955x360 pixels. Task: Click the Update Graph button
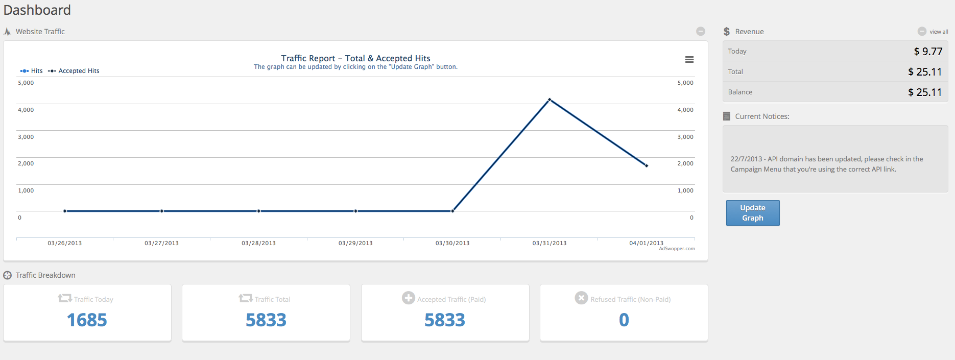[x=752, y=213]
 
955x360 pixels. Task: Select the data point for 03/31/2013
[x=550, y=100]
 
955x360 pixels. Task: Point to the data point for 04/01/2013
[x=647, y=165]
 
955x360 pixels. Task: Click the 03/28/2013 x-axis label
[x=258, y=243]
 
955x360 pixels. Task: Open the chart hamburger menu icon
[x=689, y=60]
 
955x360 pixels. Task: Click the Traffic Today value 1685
[x=87, y=320]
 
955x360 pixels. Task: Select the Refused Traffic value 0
[x=624, y=320]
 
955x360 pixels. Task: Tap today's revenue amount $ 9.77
[x=928, y=52]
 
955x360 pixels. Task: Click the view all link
[x=939, y=32]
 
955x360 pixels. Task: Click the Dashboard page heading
[x=37, y=10]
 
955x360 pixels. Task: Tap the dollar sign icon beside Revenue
[x=727, y=32]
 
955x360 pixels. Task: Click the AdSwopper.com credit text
[x=677, y=249]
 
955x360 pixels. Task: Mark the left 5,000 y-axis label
[x=26, y=83]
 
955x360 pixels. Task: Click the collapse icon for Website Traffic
[x=701, y=32]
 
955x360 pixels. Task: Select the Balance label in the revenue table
[x=740, y=92]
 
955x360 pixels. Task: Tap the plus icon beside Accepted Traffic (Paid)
[x=409, y=298]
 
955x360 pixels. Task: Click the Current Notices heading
[x=762, y=116]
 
